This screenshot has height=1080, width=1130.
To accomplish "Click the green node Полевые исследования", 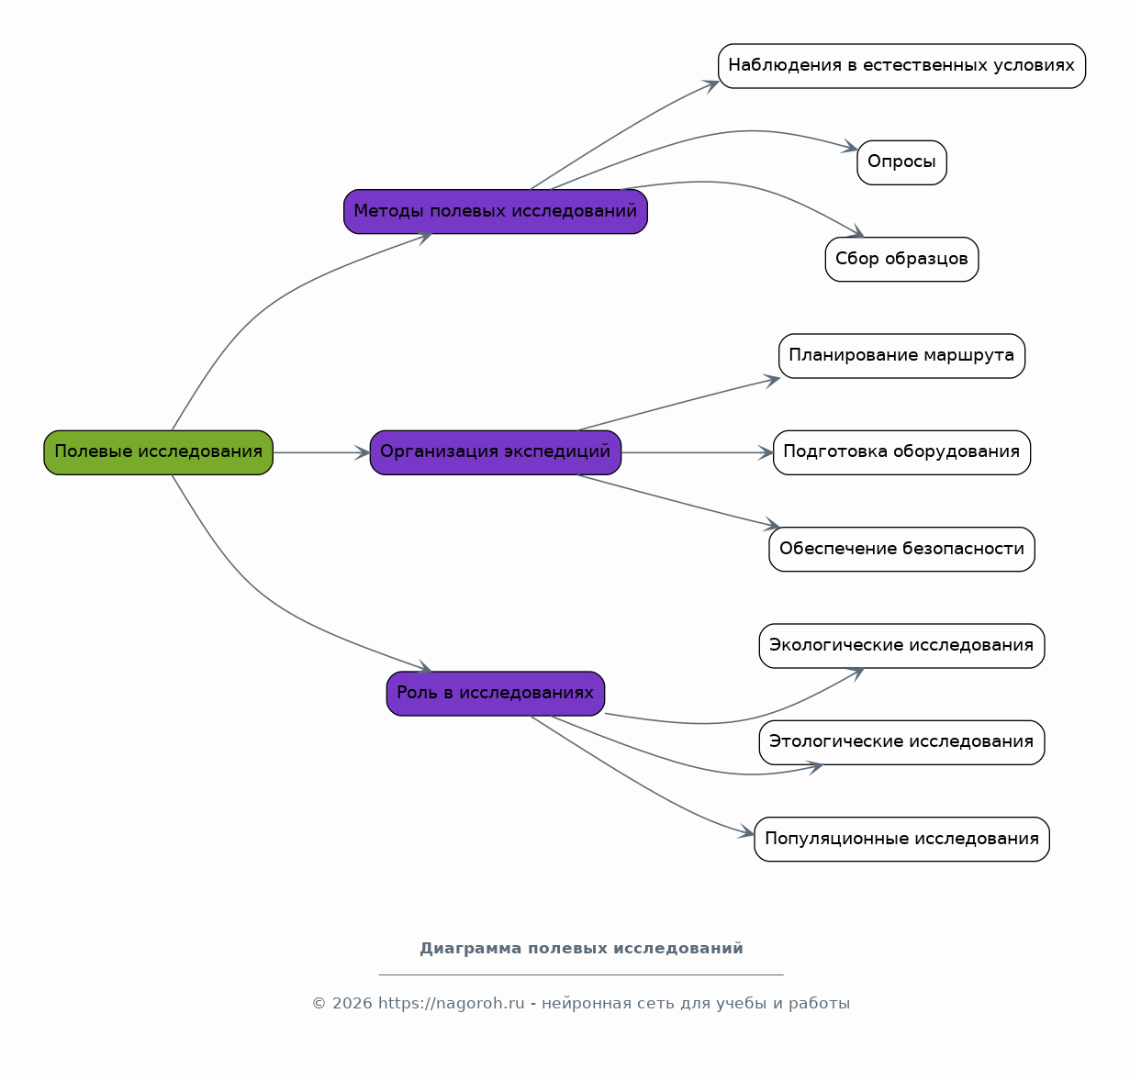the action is coord(159,452).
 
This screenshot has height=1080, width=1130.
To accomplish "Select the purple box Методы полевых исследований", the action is coord(496,212).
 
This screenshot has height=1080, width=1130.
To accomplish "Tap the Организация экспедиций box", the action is coord(496,452).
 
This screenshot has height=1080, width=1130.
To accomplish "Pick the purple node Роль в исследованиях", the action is coord(496,694).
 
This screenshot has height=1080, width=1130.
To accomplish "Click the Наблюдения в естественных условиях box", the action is coord(901,66).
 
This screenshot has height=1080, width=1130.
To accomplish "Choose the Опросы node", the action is coord(901,163).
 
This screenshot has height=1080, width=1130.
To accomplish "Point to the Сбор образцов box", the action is coord(901,260).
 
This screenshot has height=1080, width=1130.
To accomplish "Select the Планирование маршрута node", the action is coord(901,356).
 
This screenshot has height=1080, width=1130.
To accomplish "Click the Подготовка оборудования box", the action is coord(901,452).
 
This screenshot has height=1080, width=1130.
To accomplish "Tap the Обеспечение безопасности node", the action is coord(901,550).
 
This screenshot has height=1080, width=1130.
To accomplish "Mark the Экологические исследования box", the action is coord(901,646).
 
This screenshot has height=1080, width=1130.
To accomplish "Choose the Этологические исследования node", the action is coord(901,743).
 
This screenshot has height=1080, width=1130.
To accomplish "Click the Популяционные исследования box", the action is coord(901,840).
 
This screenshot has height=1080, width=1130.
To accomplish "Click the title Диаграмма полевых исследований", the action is coord(581,949).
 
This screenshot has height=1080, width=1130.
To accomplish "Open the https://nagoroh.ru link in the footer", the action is coord(452,1004).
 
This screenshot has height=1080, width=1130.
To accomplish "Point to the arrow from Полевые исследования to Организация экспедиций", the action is coord(321,452).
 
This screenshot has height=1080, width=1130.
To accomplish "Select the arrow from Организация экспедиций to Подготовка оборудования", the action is coord(698,452).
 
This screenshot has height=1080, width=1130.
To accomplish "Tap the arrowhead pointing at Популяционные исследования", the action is coord(746,832).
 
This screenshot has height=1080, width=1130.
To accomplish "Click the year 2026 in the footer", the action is coord(352,1004).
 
